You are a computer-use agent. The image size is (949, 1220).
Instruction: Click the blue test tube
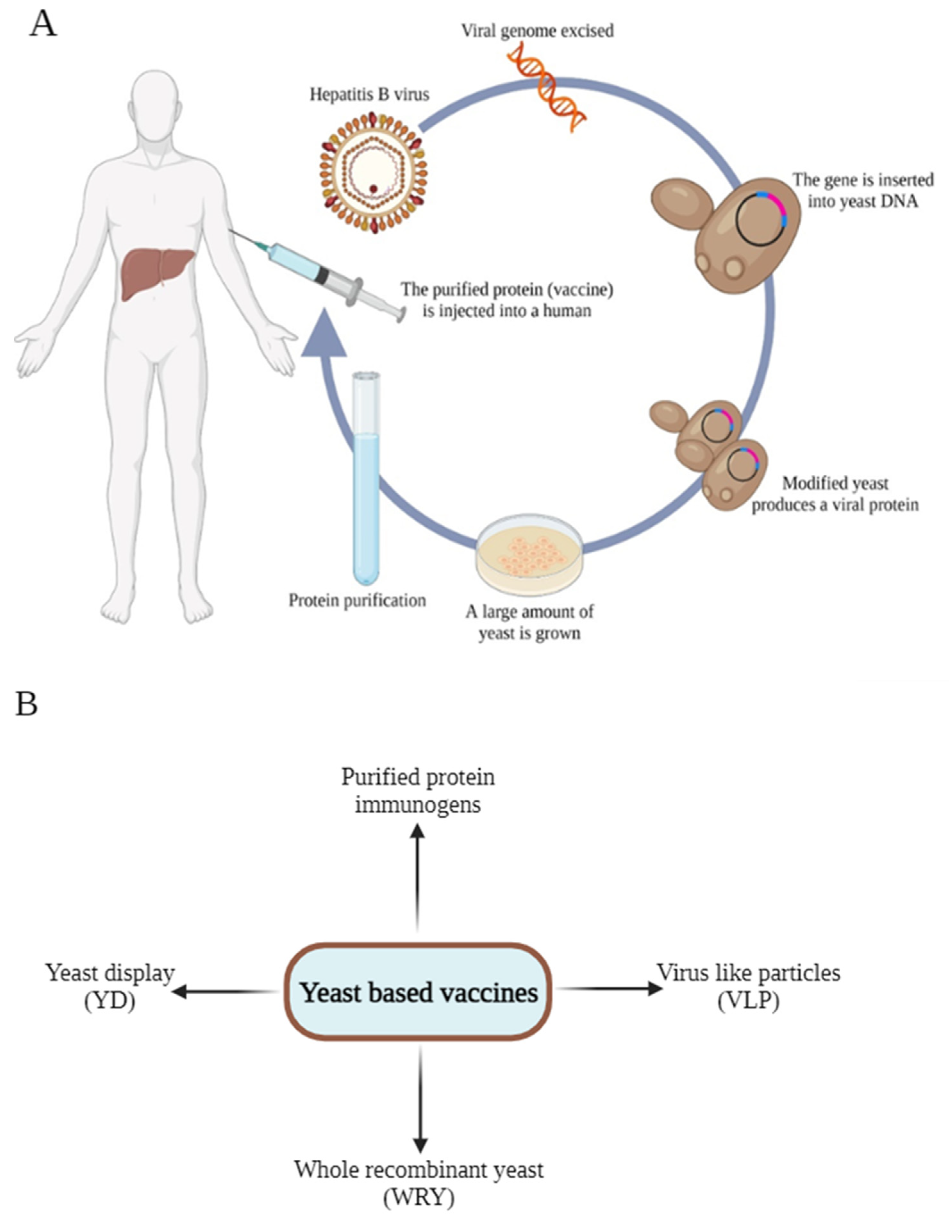click(x=366, y=480)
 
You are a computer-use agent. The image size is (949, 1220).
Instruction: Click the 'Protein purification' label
click(x=357, y=600)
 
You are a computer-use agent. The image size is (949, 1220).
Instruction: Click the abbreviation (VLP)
click(x=748, y=1001)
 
